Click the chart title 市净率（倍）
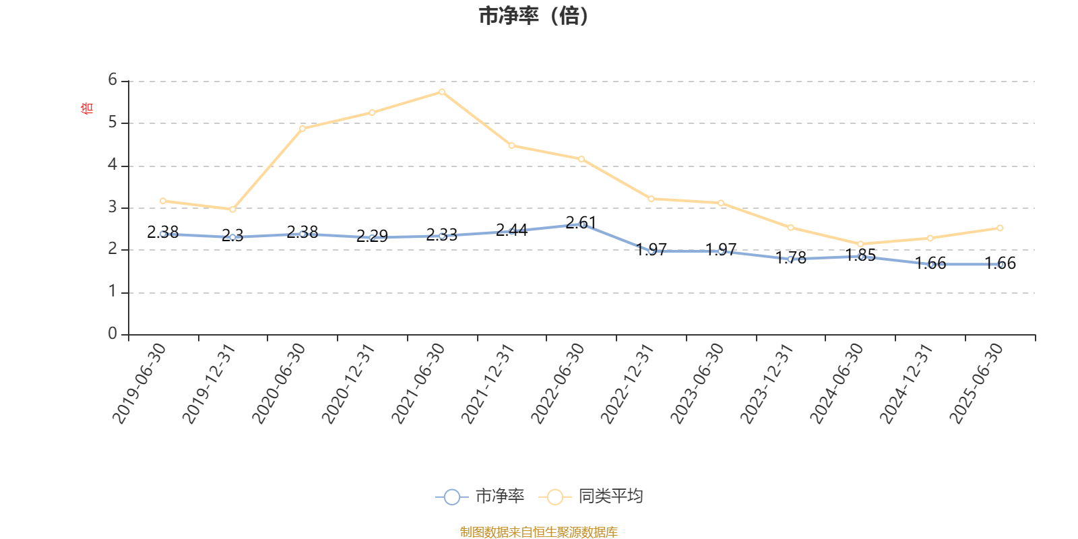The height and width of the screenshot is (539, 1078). (x=534, y=16)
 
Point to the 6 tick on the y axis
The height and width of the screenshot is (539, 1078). (x=113, y=80)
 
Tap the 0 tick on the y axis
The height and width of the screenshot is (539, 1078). (x=113, y=334)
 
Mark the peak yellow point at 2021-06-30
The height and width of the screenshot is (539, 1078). (x=442, y=92)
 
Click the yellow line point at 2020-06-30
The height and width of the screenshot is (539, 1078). (x=303, y=128)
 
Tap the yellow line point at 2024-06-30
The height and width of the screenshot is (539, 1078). (x=860, y=244)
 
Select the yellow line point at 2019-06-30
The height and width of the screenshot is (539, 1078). (x=163, y=201)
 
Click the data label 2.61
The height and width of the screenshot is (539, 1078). (x=581, y=222)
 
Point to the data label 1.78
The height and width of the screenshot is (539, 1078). (x=790, y=257)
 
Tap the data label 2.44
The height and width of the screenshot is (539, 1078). (x=511, y=230)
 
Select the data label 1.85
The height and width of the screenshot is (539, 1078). (x=860, y=255)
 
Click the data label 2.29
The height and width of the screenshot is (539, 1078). (x=372, y=236)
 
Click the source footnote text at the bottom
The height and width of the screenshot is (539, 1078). (x=538, y=532)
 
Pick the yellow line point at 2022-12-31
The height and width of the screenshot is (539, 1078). (x=651, y=199)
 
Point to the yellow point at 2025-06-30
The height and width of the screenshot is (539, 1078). (x=1000, y=228)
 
